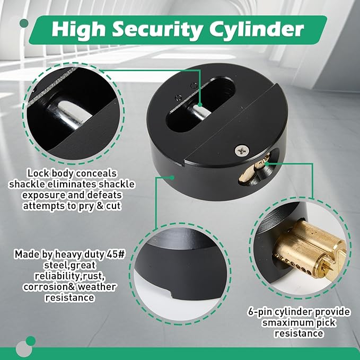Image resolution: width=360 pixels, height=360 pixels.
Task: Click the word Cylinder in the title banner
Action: [x=257, y=30]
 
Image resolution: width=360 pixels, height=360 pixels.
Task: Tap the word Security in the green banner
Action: [x=157, y=30]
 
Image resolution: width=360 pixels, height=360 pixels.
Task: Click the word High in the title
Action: [x=79, y=30]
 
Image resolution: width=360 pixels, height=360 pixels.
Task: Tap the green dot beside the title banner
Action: [x=24, y=23]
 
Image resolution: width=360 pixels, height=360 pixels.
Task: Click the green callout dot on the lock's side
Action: [x=172, y=177]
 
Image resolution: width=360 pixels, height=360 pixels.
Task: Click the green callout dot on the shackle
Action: [x=200, y=105]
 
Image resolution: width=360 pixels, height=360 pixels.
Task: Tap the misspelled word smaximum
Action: [x=287, y=323]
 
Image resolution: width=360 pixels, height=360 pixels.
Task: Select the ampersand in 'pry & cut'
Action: [x=100, y=206]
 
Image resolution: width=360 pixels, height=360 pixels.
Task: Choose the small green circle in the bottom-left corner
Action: [x=31, y=341]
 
